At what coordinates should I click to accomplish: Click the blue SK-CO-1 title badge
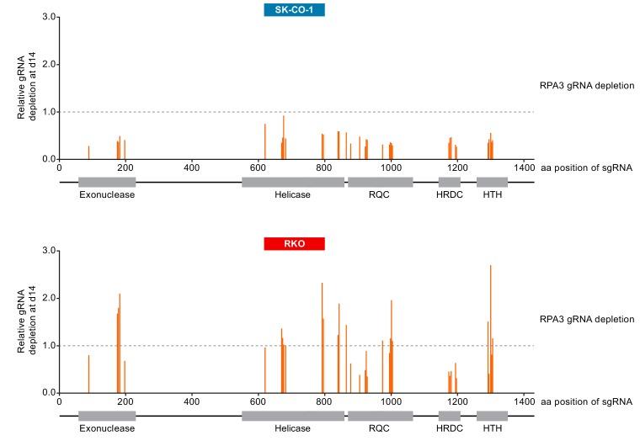point(294,10)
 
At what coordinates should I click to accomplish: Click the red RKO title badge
point(294,244)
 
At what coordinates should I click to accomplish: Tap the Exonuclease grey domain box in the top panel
point(107,182)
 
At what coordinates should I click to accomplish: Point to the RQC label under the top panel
point(380,194)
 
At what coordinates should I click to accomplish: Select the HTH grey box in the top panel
point(492,182)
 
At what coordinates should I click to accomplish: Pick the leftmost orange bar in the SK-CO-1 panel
point(88,152)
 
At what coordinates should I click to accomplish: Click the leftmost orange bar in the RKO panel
point(88,374)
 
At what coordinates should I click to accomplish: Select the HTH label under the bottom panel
point(492,428)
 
